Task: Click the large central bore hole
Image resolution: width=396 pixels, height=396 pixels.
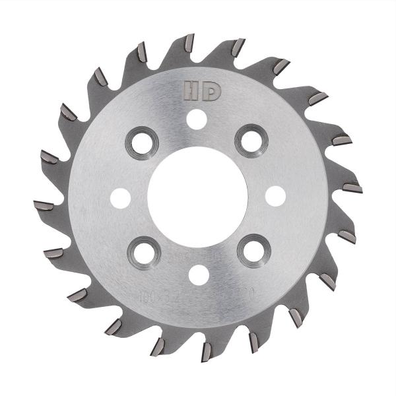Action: [x=197, y=196]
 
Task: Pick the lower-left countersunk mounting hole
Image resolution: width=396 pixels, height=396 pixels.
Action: [x=142, y=253]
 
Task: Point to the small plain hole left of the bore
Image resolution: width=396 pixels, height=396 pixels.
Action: [x=119, y=197]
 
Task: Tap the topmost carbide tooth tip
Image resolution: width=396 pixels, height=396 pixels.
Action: [x=190, y=41]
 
